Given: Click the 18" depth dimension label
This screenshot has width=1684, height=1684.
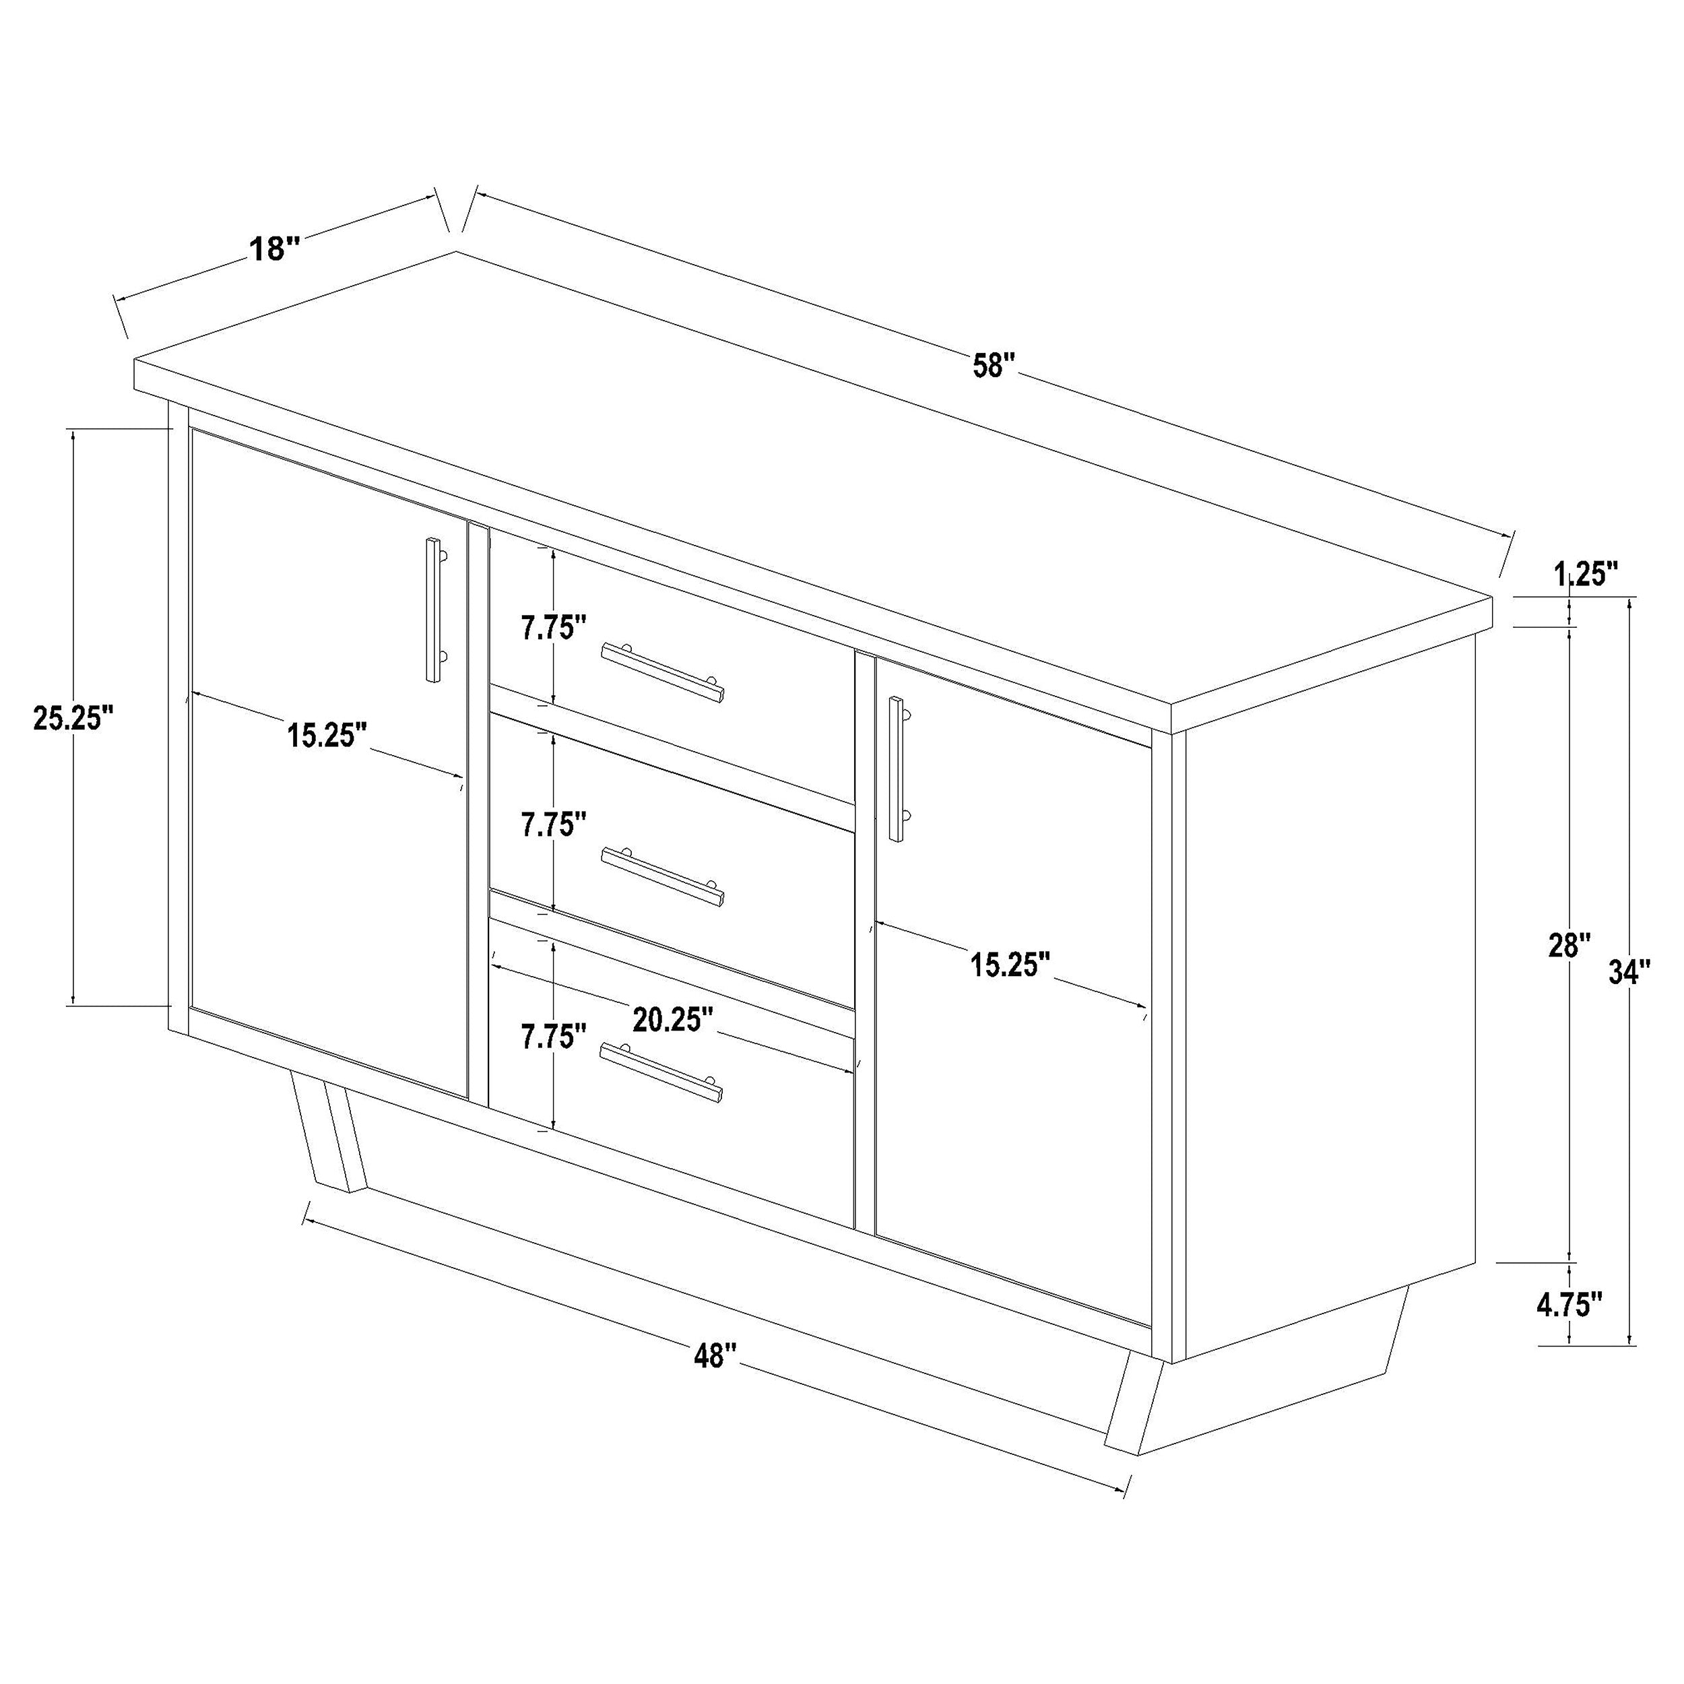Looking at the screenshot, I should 275,249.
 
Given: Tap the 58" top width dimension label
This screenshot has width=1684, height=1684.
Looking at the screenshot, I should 994,364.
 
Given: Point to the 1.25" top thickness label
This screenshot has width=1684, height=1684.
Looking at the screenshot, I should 1586,575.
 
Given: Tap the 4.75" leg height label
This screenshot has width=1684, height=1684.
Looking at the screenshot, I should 1569,1329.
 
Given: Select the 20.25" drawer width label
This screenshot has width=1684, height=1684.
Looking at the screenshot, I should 673,1020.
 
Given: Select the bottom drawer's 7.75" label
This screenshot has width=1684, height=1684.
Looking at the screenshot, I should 554,1037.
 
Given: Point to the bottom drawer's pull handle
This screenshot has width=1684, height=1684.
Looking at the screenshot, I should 661,1073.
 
